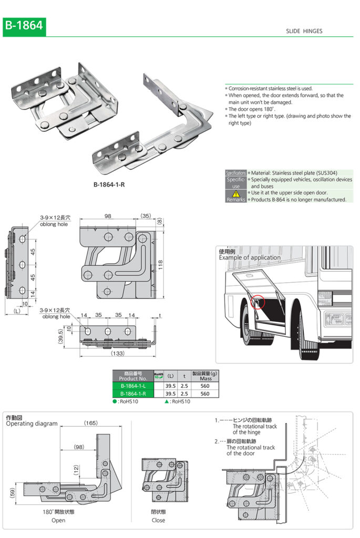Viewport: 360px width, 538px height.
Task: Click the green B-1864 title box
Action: (x=24, y=26)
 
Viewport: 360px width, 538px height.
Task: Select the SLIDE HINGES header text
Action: (x=304, y=32)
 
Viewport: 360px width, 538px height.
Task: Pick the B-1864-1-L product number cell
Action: (x=132, y=385)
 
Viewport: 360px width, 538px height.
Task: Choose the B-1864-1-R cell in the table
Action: (x=132, y=393)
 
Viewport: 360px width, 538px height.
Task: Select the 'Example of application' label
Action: (x=250, y=257)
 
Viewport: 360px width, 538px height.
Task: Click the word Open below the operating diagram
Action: (x=58, y=520)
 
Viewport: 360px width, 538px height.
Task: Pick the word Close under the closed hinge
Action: (x=158, y=520)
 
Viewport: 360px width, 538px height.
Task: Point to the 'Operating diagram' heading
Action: (x=32, y=423)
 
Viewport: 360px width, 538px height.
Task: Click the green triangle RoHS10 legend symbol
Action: (x=167, y=401)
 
